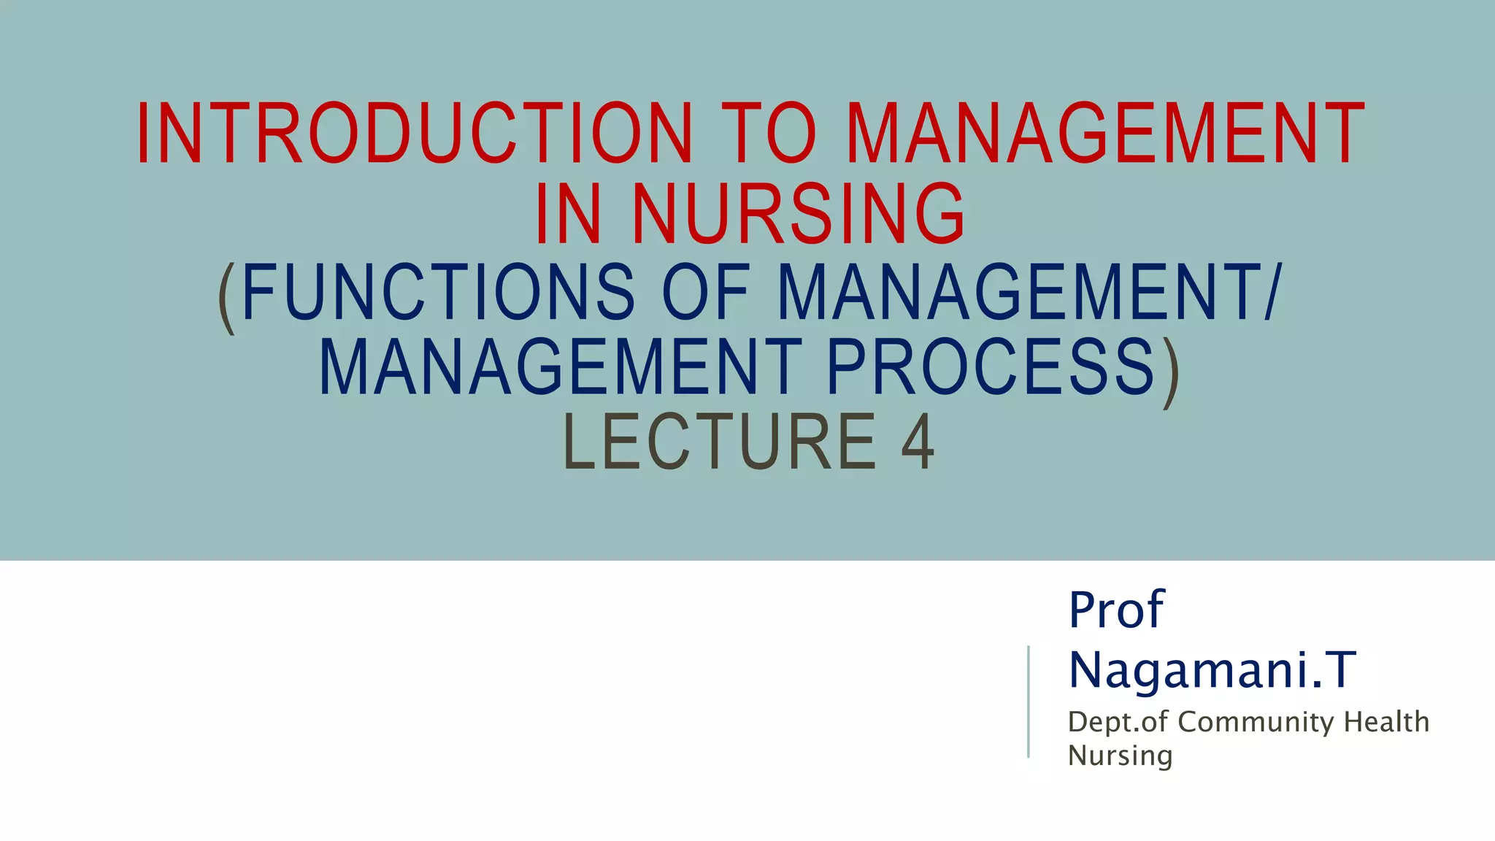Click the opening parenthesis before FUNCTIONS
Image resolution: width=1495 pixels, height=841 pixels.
pyautogui.click(x=227, y=296)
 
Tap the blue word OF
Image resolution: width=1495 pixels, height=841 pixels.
pyautogui.click(x=706, y=292)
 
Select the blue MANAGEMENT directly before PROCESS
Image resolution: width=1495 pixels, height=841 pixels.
pyautogui.click(x=561, y=367)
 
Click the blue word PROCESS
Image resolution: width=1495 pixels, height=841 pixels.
pyautogui.click(x=991, y=367)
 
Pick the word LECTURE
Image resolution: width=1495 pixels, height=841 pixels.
pyautogui.click(x=720, y=442)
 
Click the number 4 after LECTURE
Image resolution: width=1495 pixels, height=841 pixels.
pyautogui.click(x=918, y=442)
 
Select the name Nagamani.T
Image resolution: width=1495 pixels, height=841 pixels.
pyautogui.click(x=1212, y=669)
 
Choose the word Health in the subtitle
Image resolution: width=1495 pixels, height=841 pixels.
pyautogui.click(x=1386, y=722)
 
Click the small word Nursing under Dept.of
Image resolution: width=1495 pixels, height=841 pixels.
pyautogui.click(x=1120, y=756)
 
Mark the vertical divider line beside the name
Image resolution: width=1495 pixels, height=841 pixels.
pyautogui.click(x=1029, y=701)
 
